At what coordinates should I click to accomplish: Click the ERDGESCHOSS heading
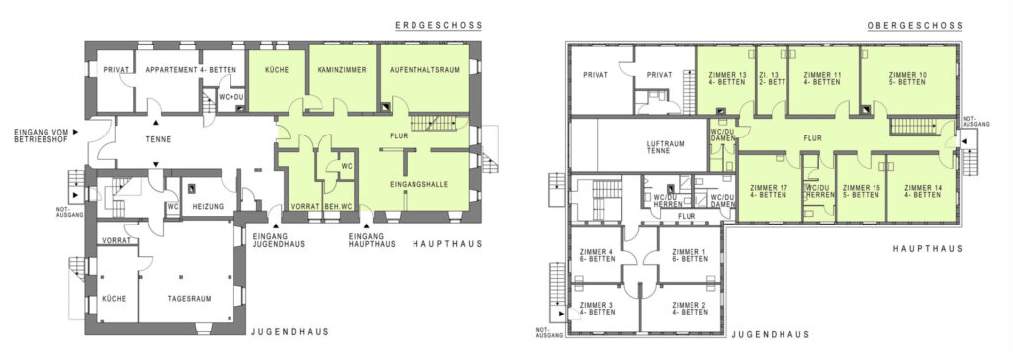438,25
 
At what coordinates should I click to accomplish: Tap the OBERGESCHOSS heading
914,25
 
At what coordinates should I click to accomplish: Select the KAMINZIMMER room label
341,70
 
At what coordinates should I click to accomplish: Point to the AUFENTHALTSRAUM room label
424,70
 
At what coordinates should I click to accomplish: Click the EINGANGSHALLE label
418,184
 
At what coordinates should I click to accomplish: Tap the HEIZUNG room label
208,206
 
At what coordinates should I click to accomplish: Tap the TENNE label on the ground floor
158,140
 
